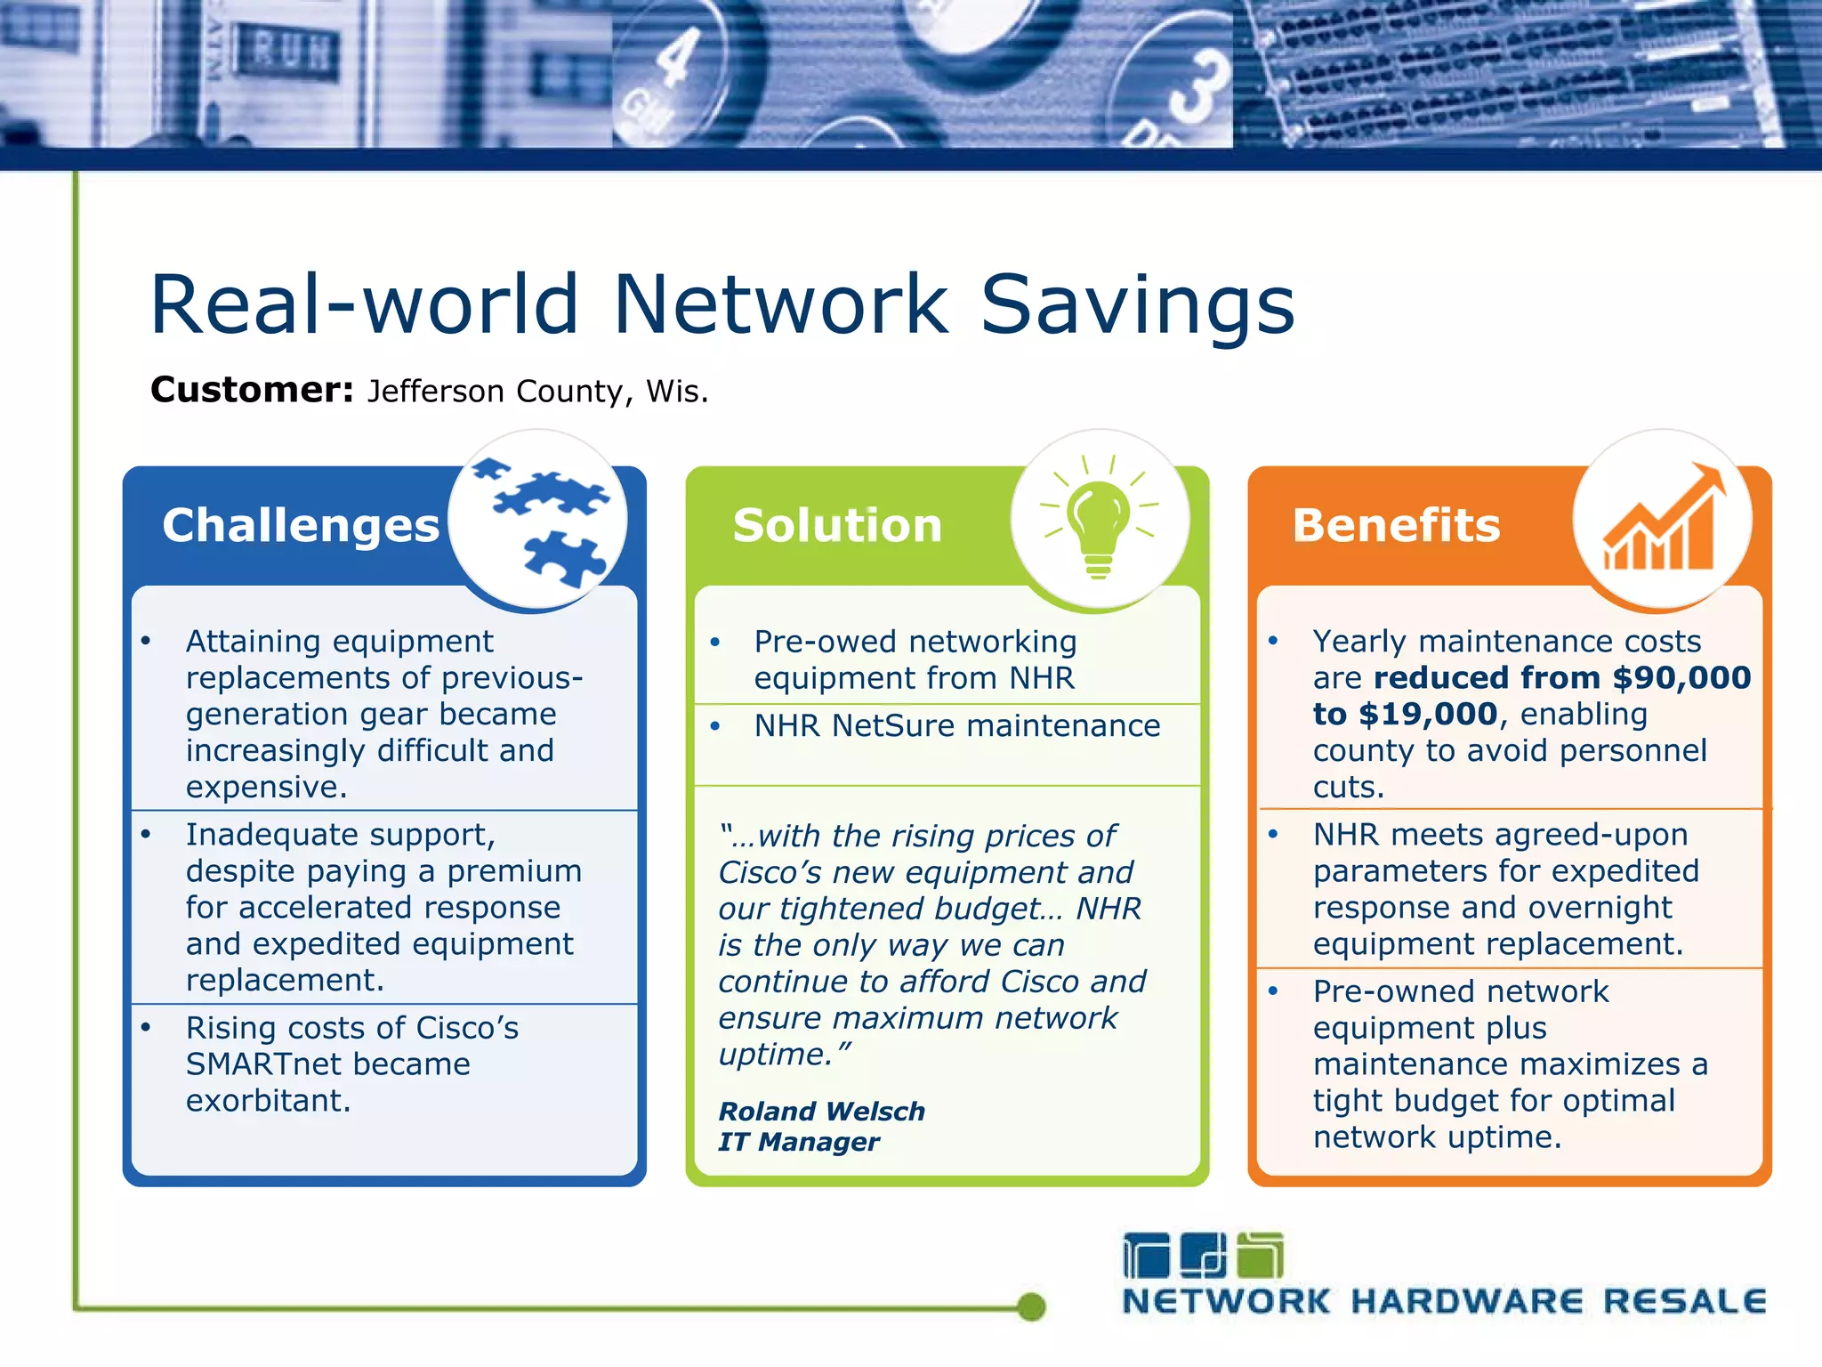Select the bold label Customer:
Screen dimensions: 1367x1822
click(x=252, y=390)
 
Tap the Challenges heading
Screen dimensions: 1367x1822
click(x=301, y=525)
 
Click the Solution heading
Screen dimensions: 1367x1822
click(x=837, y=525)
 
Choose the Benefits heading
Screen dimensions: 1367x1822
click(x=1396, y=525)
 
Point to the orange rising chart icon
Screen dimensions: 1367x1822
click(x=1662, y=520)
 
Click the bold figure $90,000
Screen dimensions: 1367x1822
click(x=1681, y=678)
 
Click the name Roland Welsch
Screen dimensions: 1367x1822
click(x=821, y=1111)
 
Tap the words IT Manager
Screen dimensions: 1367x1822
click(x=798, y=1142)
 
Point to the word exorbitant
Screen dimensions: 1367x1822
click(x=268, y=1101)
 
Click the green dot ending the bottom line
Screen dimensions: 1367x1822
click(x=1031, y=1306)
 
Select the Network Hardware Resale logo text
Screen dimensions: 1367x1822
click(x=1443, y=1301)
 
